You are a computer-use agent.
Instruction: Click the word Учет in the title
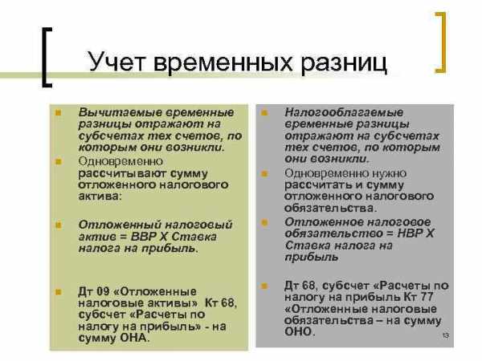116,62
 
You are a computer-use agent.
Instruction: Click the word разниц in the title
344,63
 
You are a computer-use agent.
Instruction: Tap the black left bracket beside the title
47,58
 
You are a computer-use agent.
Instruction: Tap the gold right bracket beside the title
440,43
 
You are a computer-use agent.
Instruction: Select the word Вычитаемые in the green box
120,112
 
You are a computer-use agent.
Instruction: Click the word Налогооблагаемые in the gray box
344,112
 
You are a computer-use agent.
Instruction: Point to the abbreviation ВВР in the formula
144,237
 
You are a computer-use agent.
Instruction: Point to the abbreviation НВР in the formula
411,233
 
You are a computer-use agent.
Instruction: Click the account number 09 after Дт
103,291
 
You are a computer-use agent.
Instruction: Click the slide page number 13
445,335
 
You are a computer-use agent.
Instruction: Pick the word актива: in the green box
100,196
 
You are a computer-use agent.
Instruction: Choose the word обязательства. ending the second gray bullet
330,208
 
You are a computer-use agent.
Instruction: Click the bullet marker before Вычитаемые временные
59,112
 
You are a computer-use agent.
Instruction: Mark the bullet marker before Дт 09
59,292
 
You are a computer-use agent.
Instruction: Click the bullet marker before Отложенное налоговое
264,222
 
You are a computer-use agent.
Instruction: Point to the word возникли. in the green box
195,148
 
